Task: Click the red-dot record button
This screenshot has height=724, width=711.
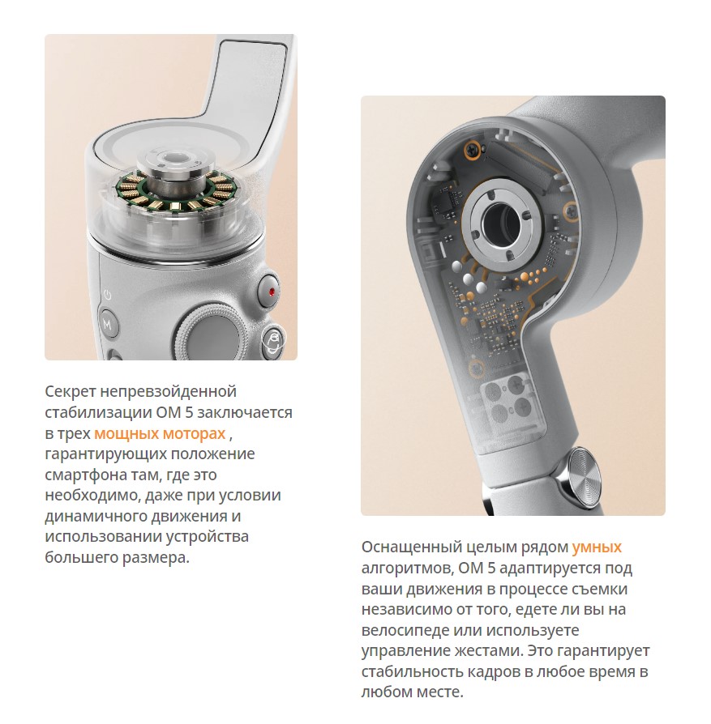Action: [x=268, y=291]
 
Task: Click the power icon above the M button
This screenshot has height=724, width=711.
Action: [x=107, y=295]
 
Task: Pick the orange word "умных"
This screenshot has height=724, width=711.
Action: [x=597, y=547]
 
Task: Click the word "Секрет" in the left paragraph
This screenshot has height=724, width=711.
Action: [x=71, y=391]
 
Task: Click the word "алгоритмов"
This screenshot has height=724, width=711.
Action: [x=406, y=568]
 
